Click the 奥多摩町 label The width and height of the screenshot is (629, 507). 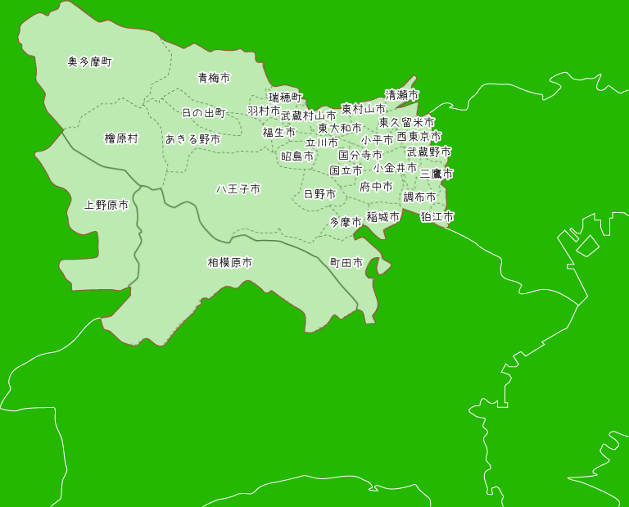pos(89,61)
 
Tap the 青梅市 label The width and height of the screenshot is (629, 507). pos(214,78)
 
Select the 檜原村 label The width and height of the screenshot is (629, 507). pos(121,138)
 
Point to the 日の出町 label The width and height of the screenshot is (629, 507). pos(203,112)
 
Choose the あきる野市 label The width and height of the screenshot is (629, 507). pos(192,139)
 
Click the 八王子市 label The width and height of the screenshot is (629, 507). pos(238,189)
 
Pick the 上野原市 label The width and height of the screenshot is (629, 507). pos(106,205)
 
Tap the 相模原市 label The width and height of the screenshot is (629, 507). pos(229,263)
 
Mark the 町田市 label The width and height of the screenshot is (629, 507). pos(346,263)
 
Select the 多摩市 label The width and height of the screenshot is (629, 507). pos(346,222)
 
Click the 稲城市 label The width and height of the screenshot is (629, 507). pos(382,217)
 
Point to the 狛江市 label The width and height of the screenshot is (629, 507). pos(437,217)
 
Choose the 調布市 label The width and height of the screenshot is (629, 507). pos(419,197)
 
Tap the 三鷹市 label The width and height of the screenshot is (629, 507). pos(437,174)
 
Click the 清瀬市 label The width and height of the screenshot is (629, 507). pos(401,95)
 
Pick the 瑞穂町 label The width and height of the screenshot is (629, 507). pos(285,97)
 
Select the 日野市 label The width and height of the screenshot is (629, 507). pos(319,194)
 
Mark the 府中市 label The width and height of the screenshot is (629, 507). pos(376,187)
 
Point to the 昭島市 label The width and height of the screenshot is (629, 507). pos(297,156)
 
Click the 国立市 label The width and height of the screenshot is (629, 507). pos(346,170)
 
